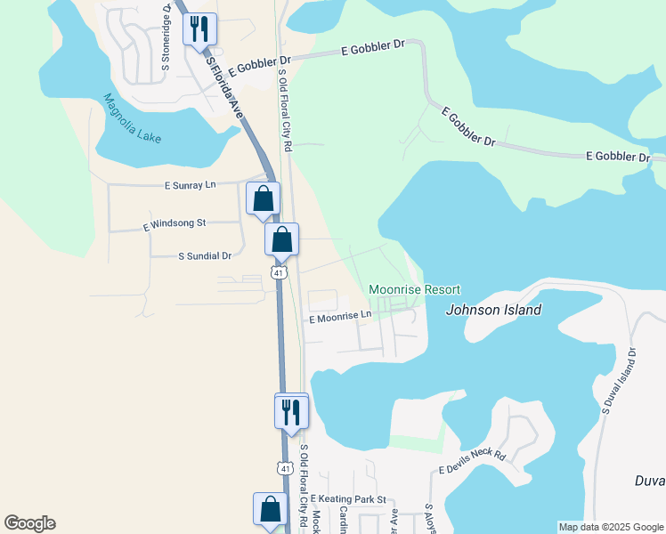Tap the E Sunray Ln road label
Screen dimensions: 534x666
coord(191,185)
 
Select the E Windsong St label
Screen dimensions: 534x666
coord(175,225)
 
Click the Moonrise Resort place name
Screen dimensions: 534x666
coord(415,290)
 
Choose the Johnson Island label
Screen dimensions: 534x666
coord(493,311)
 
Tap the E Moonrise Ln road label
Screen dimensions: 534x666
coord(339,316)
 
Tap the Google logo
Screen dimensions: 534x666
coord(29,523)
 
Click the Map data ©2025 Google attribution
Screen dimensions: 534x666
coord(611,527)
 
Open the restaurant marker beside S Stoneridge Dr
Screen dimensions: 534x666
coord(199,28)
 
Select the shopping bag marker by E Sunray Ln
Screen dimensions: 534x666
coord(263,198)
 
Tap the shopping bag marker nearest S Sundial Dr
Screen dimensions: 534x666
coord(281,239)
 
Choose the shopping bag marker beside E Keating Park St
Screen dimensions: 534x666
coord(271,509)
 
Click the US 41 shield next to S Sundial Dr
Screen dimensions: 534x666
coord(279,273)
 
